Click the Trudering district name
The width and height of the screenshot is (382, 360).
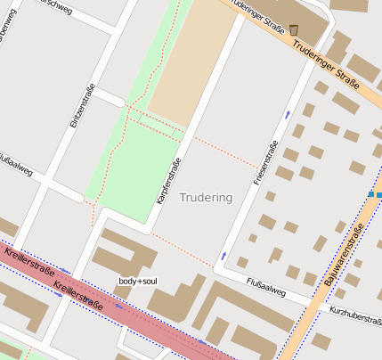point(206,197)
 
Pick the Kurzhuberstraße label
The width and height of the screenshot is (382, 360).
point(354,313)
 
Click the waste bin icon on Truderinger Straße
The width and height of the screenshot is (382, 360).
point(294,30)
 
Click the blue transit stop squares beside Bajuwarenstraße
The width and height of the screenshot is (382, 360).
point(374,194)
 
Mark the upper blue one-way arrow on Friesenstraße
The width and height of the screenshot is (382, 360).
point(287,115)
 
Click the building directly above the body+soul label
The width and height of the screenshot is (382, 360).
point(125,253)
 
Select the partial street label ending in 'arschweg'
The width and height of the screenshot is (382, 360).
point(55,4)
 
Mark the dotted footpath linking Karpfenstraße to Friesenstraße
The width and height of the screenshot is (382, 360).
point(227,152)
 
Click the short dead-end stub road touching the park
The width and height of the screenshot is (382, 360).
point(109,96)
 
